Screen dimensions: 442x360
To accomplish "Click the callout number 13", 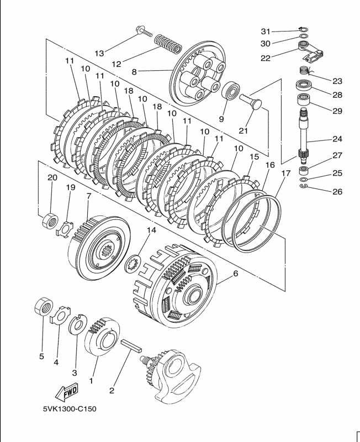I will [99, 53].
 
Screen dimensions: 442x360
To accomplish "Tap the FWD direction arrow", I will [66, 392].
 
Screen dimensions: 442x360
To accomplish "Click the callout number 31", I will [266, 30].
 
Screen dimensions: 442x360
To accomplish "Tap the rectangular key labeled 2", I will [132, 346].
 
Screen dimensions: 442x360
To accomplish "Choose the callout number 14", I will [151, 229].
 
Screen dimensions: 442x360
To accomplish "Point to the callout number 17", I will [285, 173].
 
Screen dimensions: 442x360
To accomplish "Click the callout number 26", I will [337, 192].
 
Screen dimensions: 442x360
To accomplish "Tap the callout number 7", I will [88, 197].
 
